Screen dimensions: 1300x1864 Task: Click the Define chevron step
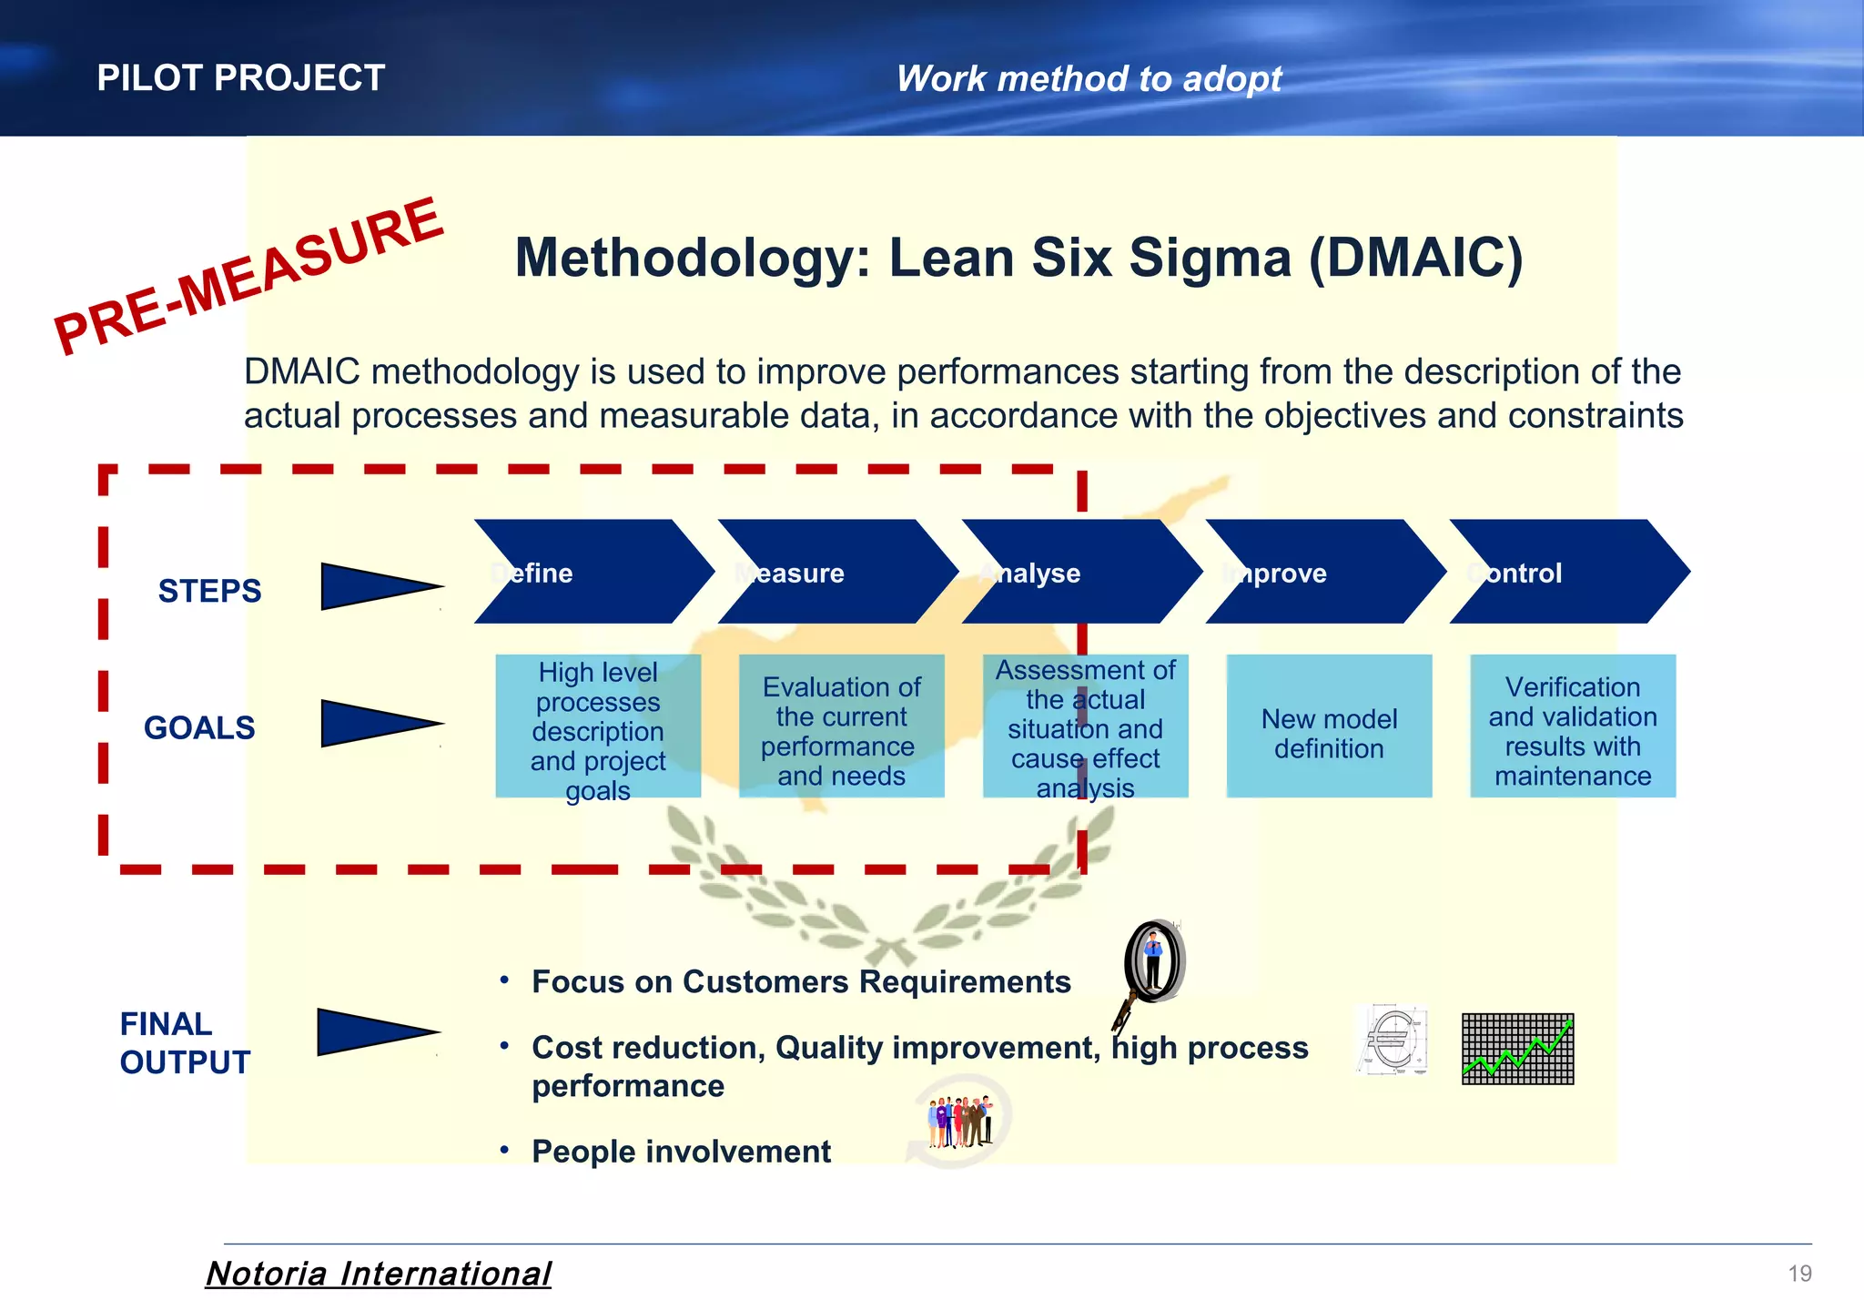tap(592, 572)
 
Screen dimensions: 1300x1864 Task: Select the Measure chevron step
tap(836, 572)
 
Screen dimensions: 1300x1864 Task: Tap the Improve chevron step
tap(1323, 572)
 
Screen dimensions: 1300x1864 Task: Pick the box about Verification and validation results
tap(1572, 726)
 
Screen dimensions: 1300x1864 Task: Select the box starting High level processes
tap(598, 726)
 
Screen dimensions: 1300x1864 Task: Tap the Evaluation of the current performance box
tap(841, 726)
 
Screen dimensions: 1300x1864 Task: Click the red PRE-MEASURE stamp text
tap(248, 276)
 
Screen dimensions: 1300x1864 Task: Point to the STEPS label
tap(209, 592)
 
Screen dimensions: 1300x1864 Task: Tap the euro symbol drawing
tap(1391, 1042)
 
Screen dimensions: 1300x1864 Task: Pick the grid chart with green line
tap(1517, 1049)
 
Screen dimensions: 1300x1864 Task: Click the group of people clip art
tap(959, 1122)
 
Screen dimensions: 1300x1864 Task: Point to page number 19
tap(1799, 1274)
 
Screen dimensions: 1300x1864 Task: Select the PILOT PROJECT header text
tap(241, 78)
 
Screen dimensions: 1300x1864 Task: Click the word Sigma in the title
tap(1210, 258)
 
